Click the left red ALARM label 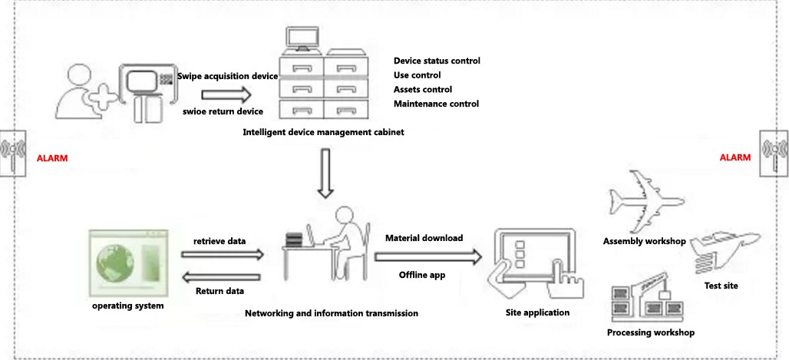click(53, 158)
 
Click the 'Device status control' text click(437, 61)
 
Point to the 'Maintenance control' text click(436, 104)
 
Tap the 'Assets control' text click(423, 89)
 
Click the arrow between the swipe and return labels click(226, 95)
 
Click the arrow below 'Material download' click(428, 256)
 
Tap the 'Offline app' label click(422, 275)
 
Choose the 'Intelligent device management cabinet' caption click(323, 132)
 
